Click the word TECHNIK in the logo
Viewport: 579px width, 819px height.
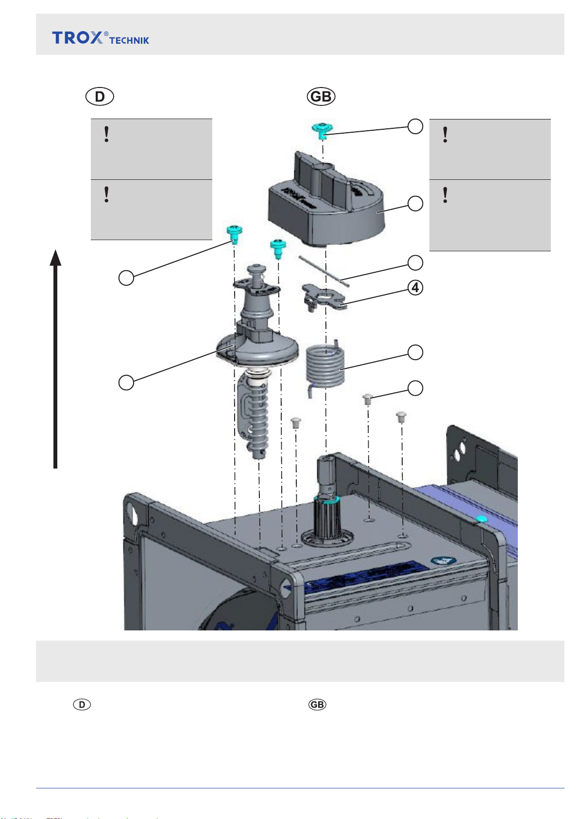[129, 41]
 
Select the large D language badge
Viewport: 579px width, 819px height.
[100, 97]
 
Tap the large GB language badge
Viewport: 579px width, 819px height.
[321, 97]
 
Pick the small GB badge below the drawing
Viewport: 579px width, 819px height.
[317, 705]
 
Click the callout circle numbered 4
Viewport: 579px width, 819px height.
[415, 288]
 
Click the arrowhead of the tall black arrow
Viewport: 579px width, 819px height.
[56, 258]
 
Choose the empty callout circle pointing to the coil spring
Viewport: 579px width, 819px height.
[415, 352]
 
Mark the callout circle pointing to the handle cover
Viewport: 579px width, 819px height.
[415, 203]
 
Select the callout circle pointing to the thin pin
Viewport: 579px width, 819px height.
[415, 263]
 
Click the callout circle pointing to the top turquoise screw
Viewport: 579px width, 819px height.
[415, 126]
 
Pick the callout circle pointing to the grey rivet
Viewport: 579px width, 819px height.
[415, 388]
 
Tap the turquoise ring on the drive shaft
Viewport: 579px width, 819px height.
[327, 499]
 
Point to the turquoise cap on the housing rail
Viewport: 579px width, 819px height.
[480, 519]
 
